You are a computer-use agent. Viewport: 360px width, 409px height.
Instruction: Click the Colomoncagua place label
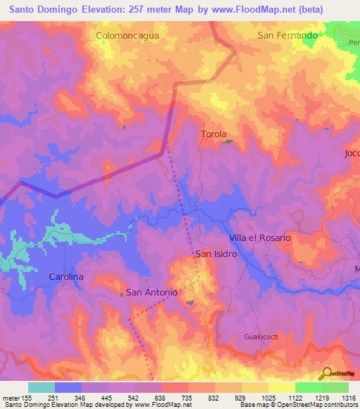(x=127, y=34)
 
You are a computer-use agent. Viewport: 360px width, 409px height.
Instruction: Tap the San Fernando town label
(x=287, y=34)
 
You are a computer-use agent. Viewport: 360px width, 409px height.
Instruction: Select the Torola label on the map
(x=214, y=134)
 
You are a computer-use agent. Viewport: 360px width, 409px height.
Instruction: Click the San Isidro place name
(x=216, y=254)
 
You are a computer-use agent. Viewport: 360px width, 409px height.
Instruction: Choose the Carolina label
(x=66, y=277)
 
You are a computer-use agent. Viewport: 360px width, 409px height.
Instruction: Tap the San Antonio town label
(x=150, y=292)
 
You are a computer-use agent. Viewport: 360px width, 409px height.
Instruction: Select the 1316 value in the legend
(x=348, y=397)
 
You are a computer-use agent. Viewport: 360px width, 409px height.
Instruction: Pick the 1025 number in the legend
(x=267, y=397)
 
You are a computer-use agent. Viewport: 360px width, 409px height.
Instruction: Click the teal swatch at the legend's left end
(x=41, y=387)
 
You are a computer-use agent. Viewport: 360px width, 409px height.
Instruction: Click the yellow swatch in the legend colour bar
(x=281, y=387)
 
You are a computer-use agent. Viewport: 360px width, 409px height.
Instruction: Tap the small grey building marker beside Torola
(x=228, y=142)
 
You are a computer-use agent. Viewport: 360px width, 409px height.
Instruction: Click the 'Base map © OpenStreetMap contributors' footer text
(x=297, y=405)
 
